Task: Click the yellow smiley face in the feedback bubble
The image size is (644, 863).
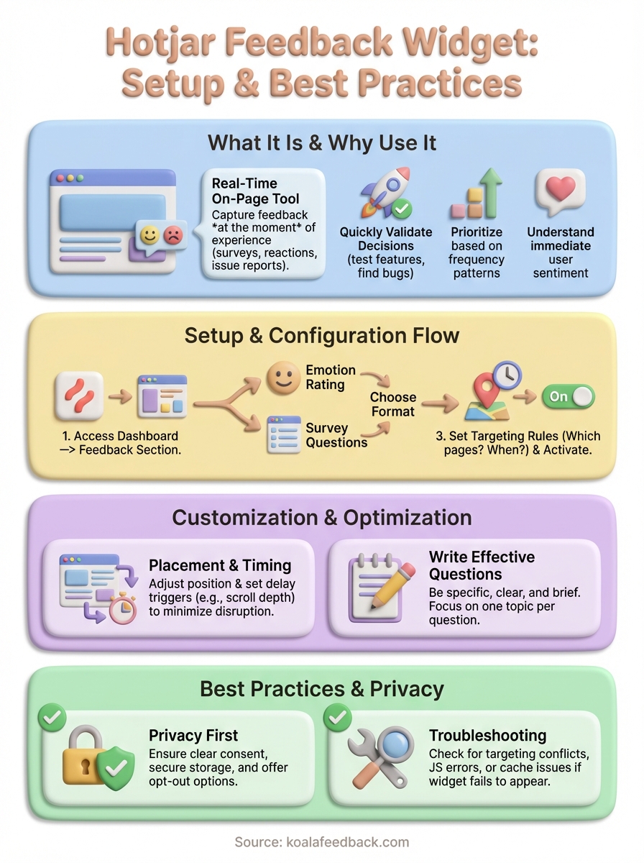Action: point(149,234)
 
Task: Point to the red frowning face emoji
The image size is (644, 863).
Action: point(172,234)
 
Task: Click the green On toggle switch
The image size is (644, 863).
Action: point(568,396)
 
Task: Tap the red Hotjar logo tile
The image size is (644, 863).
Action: point(78,396)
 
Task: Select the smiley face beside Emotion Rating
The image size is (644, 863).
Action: point(283,378)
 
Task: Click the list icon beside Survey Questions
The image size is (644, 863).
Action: point(283,434)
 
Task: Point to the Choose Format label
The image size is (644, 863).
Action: point(393,404)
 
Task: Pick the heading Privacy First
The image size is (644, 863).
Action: point(193,735)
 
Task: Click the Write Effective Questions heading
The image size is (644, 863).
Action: point(482,565)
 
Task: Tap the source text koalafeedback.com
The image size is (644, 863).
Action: point(321,842)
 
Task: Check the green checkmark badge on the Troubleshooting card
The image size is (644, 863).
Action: point(339,716)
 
